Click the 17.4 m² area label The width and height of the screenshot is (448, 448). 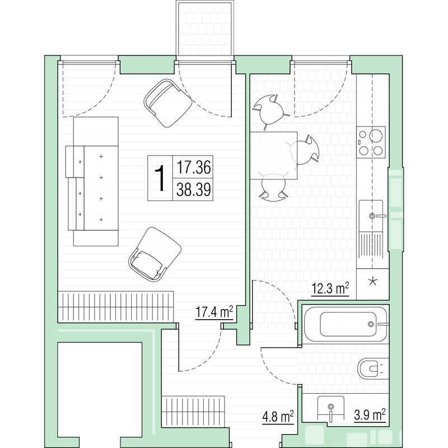[x=214, y=312]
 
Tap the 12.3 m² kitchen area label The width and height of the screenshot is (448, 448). [x=330, y=288]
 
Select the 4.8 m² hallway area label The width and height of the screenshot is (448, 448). [x=278, y=416]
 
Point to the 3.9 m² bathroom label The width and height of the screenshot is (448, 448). [x=370, y=414]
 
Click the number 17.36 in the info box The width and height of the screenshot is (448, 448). [x=193, y=167]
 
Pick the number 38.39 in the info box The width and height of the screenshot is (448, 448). [x=193, y=189]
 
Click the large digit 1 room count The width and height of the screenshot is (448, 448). [x=160, y=178]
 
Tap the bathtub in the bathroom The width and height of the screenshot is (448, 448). [x=346, y=324]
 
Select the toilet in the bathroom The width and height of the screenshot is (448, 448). [x=371, y=368]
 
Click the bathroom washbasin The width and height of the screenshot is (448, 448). [x=330, y=409]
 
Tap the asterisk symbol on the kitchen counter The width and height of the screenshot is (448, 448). [x=372, y=282]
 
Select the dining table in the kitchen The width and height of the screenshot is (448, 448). [x=273, y=156]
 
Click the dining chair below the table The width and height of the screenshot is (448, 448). [x=273, y=187]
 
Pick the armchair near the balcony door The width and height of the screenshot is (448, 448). [x=167, y=103]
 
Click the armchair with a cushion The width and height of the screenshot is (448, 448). [x=155, y=254]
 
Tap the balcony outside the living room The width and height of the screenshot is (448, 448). [x=205, y=29]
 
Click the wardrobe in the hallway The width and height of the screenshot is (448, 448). [x=193, y=412]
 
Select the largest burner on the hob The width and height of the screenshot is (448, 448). [x=376, y=136]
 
